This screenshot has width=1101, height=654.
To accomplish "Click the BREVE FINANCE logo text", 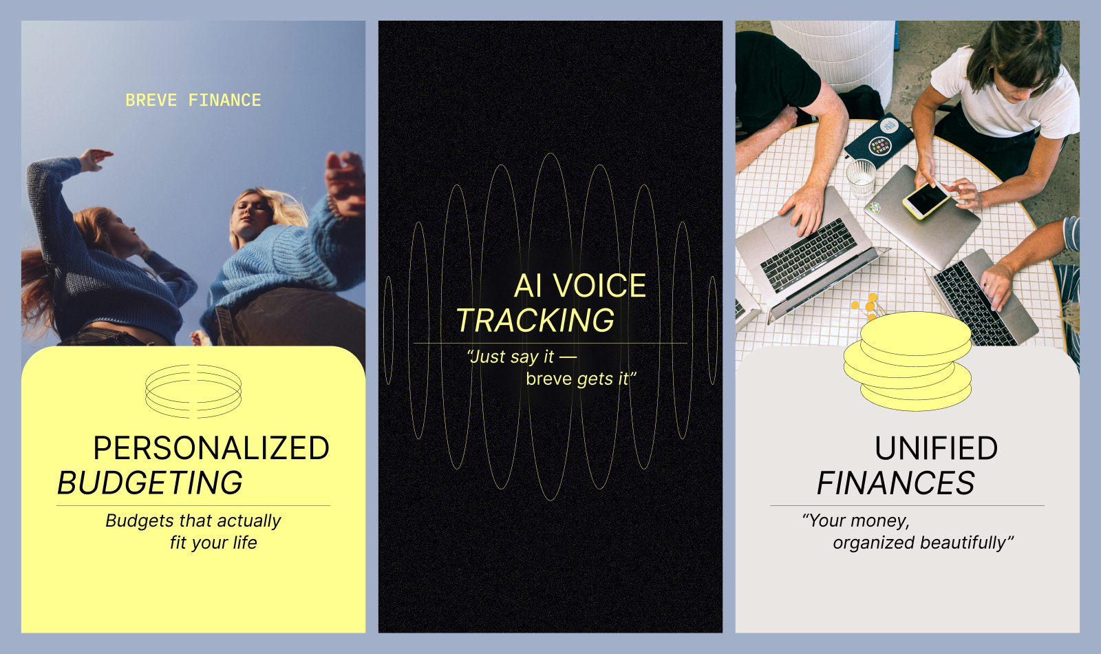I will (193, 101).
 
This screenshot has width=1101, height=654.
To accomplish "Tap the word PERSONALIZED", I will (211, 449).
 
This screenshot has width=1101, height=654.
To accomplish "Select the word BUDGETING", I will (150, 483).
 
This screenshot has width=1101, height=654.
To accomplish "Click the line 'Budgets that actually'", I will (193, 521).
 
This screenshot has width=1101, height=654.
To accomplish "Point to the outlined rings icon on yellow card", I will (193, 391).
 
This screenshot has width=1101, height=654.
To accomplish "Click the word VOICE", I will (599, 286).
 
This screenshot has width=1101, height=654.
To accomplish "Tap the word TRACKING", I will (535, 321).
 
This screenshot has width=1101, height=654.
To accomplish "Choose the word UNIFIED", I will (936, 449).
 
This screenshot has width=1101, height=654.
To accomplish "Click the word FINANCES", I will (896, 483).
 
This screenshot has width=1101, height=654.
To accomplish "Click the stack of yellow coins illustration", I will (908, 361).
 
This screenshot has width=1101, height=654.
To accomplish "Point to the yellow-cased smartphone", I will (926, 199).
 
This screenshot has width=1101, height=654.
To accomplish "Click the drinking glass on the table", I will (860, 178).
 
